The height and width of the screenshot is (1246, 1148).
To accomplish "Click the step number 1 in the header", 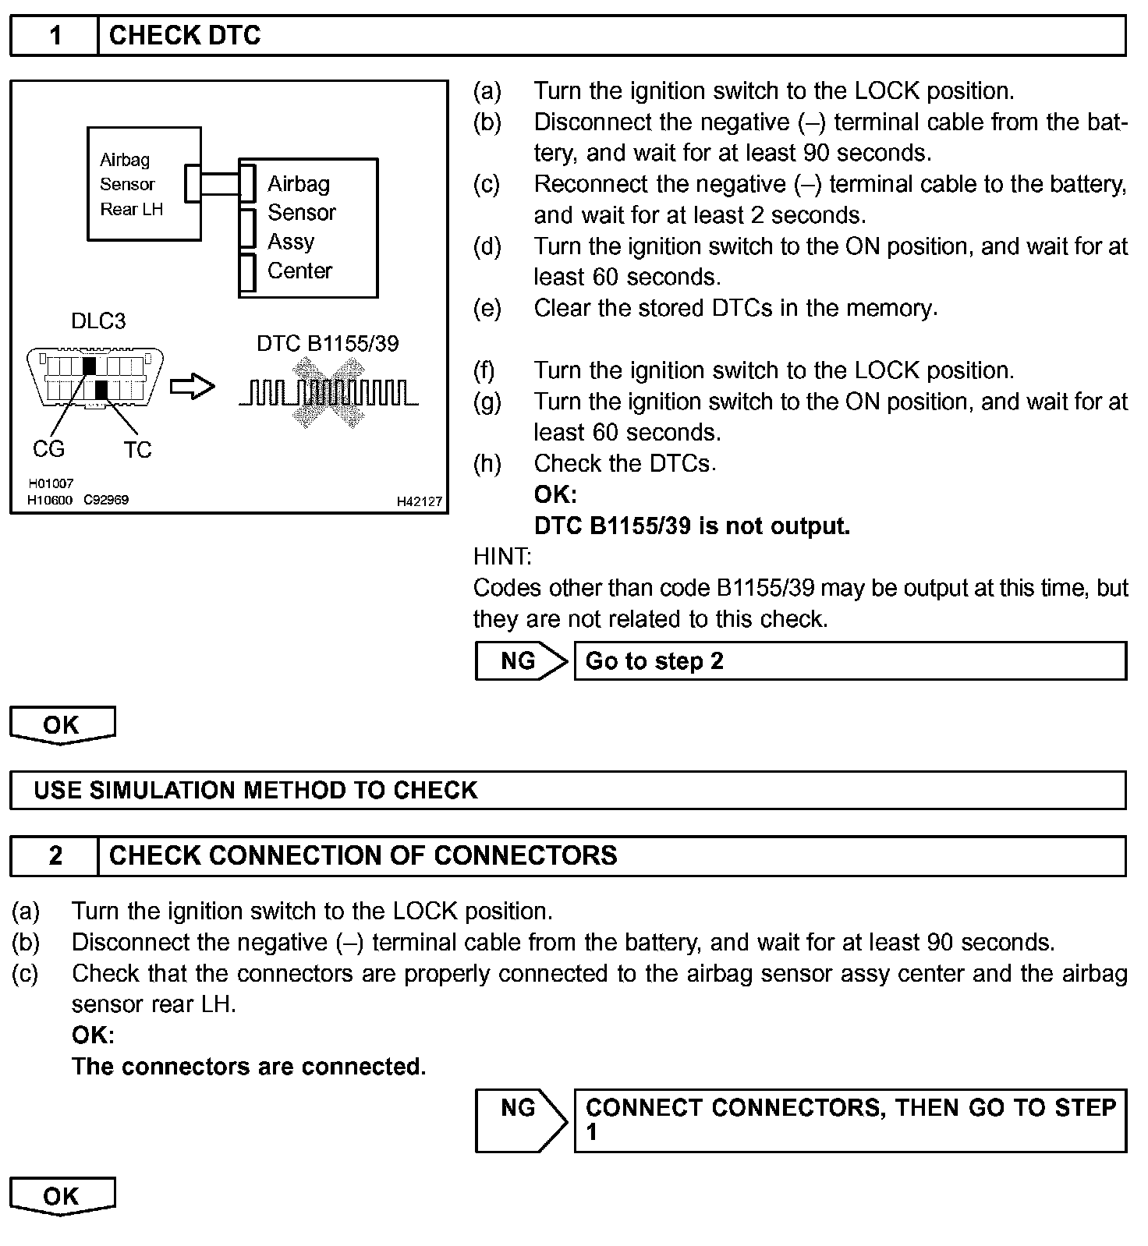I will [55, 36].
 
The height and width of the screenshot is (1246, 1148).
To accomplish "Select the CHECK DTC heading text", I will [185, 36].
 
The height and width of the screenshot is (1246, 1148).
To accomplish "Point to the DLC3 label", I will [97, 321].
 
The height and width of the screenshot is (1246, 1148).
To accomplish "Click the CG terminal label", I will [48, 449].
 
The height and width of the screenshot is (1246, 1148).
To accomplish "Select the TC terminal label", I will [137, 450].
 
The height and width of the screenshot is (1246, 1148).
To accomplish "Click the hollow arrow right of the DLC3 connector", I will [192, 386].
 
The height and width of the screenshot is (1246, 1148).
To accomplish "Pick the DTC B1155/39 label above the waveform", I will [328, 344].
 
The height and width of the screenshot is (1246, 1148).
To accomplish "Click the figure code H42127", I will [420, 501].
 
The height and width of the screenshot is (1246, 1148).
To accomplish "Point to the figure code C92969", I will [106, 500].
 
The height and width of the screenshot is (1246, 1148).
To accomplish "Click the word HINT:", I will [502, 557].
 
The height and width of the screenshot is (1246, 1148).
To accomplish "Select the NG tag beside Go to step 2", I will [519, 661].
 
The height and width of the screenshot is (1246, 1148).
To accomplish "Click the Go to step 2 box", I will [850, 661].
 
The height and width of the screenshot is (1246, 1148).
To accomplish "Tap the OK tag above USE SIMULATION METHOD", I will [62, 725].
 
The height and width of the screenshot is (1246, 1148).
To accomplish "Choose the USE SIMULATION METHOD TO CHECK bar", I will [567, 790].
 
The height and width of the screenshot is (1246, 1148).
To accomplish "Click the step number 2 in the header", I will [55, 856].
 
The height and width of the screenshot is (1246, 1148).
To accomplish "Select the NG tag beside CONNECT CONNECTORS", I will [519, 1120].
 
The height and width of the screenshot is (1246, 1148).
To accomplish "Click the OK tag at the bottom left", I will [62, 1196].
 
